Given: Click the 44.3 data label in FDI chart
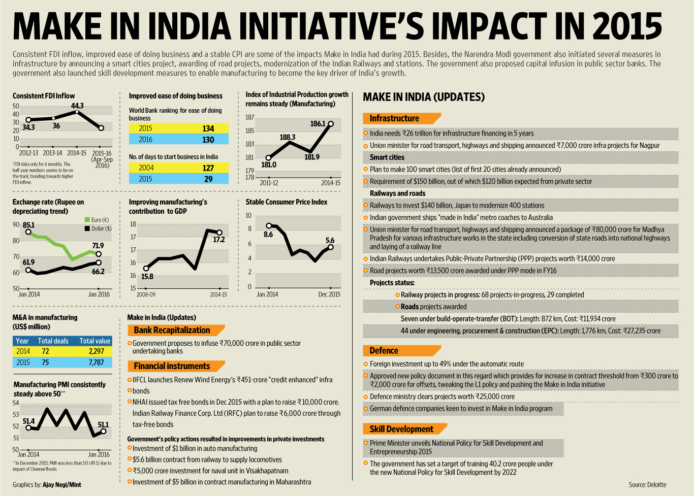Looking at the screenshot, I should tap(77, 106).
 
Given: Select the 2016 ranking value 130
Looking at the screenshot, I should tap(208, 140).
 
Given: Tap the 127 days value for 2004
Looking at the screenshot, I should tap(208, 168).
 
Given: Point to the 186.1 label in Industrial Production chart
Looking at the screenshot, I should tap(318, 123).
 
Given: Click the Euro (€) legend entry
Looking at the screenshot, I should tap(100, 220).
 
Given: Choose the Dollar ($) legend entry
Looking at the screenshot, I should tap(101, 228).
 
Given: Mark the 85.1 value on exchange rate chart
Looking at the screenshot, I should tap(28, 225).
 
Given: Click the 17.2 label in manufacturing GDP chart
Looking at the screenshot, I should tap(219, 240).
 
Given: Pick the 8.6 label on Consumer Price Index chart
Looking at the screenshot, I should tap(268, 235).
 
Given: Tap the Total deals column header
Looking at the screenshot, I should tap(53, 341).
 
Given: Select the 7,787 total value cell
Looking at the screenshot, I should tap(96, 362).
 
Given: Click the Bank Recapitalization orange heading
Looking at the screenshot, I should tap(172, 330).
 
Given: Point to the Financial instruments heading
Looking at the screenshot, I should tap(172, 366).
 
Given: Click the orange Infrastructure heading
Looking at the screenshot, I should tap(394, 118).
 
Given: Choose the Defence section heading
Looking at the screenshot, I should tap(384, 350).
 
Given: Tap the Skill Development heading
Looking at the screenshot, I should tap(401, 429).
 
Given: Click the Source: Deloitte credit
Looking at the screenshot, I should tap(647, 485).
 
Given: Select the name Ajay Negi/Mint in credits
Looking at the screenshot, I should tap(62, 485).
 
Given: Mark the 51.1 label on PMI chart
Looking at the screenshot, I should tap(103, 424).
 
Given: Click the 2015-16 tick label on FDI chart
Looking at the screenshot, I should tap(102, 153).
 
